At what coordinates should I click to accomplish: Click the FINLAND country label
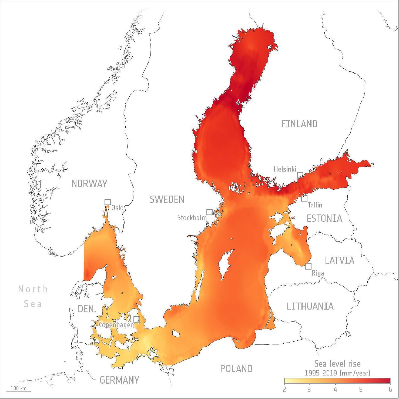pos(299,124)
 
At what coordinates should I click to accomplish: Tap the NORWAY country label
pos(89,184)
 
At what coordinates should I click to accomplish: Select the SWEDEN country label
pos(167,200)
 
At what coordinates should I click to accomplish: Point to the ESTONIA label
pos(324,218)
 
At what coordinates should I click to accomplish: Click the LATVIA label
pos(340,261)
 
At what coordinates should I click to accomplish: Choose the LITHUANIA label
pos(310,306)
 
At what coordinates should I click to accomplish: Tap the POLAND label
pos(236,368)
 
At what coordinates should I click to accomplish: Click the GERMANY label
pos(119,380)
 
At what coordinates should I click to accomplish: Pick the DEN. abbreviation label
pos(87,309)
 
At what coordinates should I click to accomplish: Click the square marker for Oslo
pos(108,202)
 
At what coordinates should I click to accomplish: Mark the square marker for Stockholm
pos(209,212)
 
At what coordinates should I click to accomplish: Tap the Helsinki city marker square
pos(300,175)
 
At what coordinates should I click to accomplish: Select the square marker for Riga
pos(308,267)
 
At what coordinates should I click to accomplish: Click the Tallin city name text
pos(315,205)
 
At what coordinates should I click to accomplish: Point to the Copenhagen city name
pos(116,325)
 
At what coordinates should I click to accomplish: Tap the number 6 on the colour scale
pos(390,389)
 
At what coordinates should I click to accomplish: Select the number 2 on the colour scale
pos(284,389)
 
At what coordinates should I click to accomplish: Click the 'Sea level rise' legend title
pos(337,364)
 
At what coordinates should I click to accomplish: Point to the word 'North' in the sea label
pos(33,289)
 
